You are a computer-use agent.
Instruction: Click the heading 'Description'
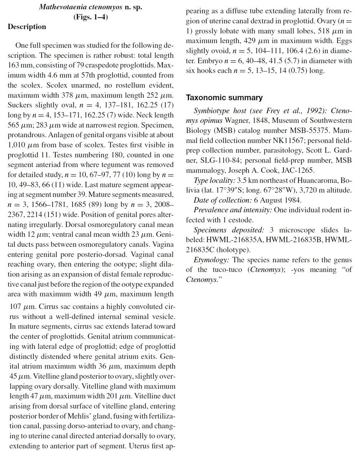point(27,27)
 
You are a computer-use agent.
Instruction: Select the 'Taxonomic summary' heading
point(224,98)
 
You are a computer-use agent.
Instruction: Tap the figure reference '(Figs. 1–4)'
point(91,17)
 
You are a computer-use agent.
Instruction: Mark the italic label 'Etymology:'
point(211,260)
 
